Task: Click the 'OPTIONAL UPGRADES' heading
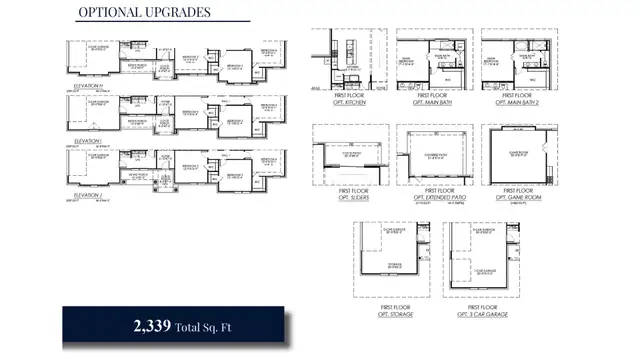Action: (x=144, y=13)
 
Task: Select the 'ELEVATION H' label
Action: (x=88, y=87)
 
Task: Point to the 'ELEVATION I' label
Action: (x=88, y=141)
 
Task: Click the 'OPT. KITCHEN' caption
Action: (x=349, y=102)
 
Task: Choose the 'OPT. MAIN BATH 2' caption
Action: (x=518, y=102)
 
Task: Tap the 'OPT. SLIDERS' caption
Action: (x=349, y=197)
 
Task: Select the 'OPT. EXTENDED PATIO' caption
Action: (x=434, y=197)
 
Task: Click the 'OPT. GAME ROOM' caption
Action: (x=518, y=197)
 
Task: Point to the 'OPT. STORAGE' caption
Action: (x=390, y=315)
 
